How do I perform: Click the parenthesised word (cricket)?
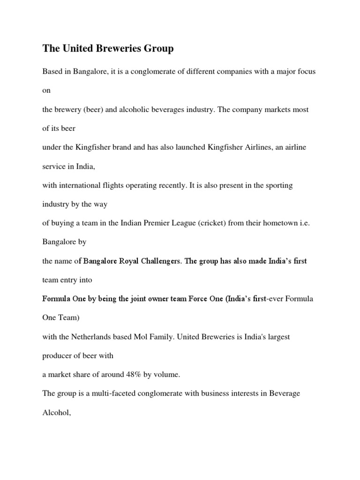point(211,223)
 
